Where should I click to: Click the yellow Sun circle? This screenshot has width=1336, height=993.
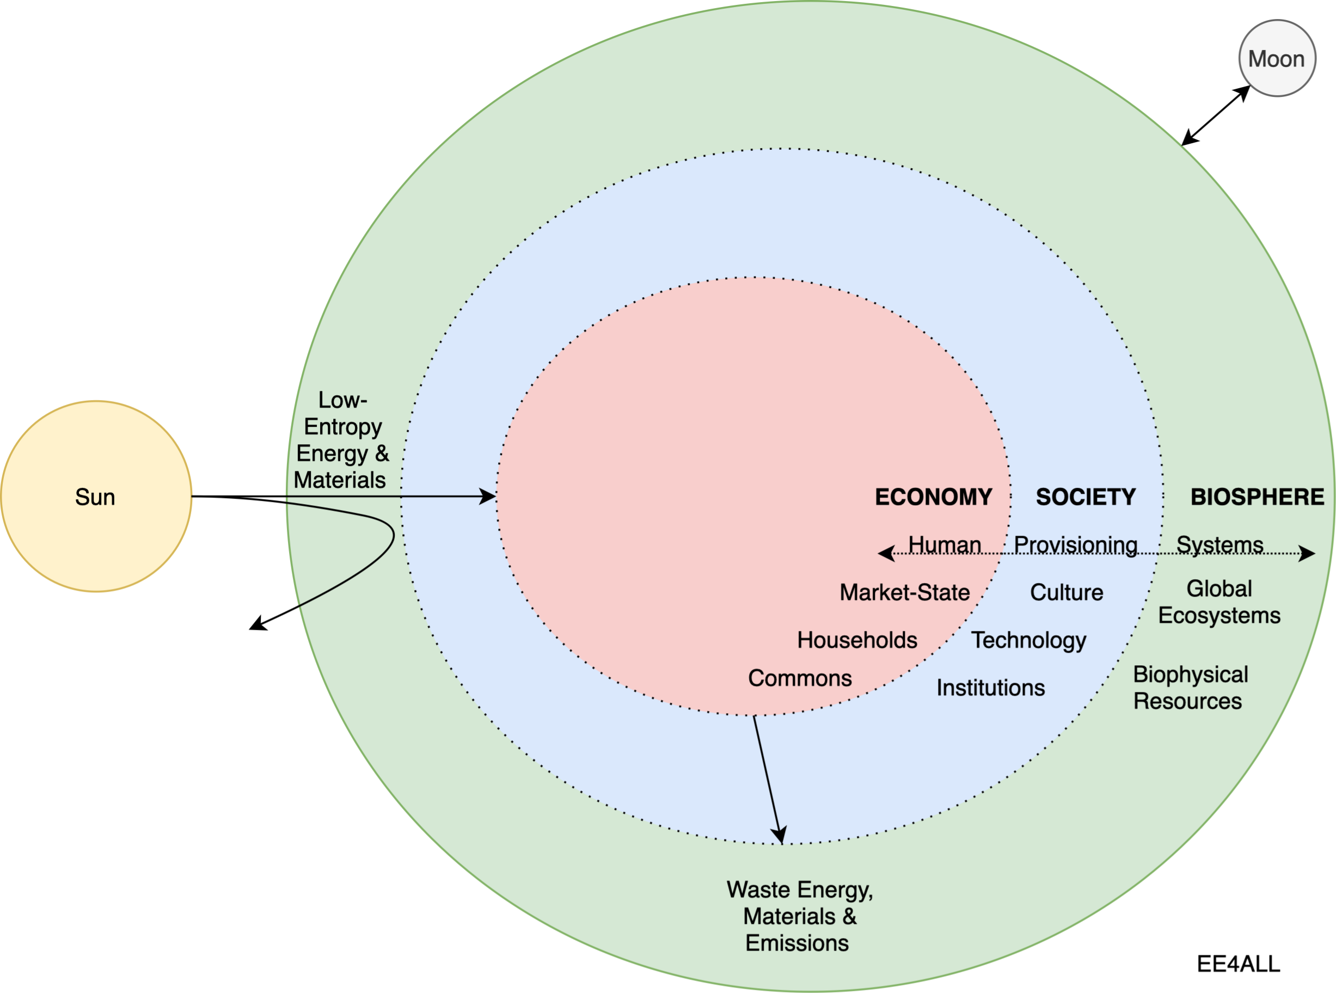click(x=96, y=497)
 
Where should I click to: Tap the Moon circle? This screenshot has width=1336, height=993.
click(x=1277, y=58)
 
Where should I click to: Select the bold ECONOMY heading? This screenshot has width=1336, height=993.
click(x=933, y=497)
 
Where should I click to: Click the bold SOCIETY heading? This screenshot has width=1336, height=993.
click(x=1086, y=497)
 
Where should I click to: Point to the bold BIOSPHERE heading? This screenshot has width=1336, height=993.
click(x=1257, y=497)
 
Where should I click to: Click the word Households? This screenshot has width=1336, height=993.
click(x=857, y=640)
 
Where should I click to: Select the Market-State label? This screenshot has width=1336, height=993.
click(x=904, y=593)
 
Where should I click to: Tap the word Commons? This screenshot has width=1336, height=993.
click(x=800, y=678)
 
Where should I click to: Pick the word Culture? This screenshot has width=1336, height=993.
click(x=1067, y=593)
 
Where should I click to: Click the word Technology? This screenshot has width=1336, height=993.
click(x=1029, y=640)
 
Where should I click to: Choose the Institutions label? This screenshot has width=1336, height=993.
click(x=991, y=688)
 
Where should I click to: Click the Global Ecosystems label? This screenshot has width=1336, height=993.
click(x=1219, y=602)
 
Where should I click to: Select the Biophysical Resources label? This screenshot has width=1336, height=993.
click(x=1190, y=688)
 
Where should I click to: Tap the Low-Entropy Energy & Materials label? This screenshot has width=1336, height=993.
click(x=341, y=440)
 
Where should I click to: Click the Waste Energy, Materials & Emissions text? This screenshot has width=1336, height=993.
click(x=799, y=916)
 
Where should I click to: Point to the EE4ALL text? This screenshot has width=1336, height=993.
click(x=1239, y=964)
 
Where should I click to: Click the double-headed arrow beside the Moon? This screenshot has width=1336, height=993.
click(x=1216, y=115)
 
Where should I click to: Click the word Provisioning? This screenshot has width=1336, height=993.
click(x=1075, y=544)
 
